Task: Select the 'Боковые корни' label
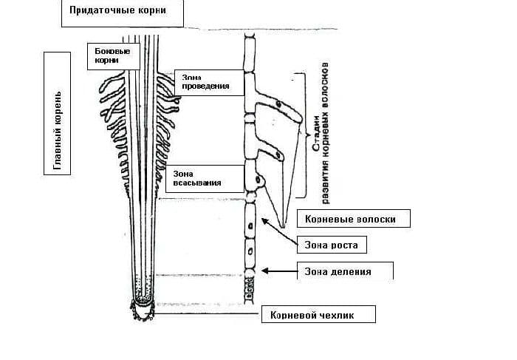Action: (112, 55)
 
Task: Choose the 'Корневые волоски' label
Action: (352, 219)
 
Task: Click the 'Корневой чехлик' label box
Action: (318, 314)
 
